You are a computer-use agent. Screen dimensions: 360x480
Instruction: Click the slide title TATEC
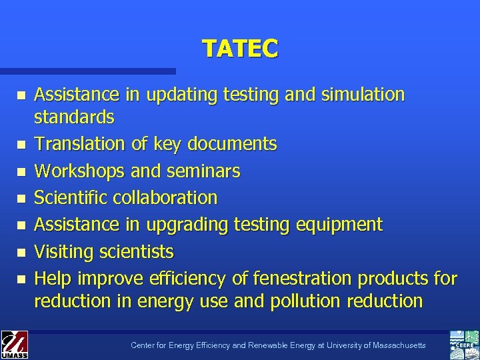pos(240,48)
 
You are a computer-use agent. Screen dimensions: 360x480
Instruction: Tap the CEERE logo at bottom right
pos(464,344)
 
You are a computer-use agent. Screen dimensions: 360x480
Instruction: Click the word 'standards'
pos(74,117)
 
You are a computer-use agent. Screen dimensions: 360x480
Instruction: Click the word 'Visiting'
pos(64,252)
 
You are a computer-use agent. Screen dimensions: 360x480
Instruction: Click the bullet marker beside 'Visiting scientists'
pos(22,253)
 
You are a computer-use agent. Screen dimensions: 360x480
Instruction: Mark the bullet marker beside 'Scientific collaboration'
pos(22,199)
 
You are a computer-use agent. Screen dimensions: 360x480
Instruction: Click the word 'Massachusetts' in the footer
pos(396,345)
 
